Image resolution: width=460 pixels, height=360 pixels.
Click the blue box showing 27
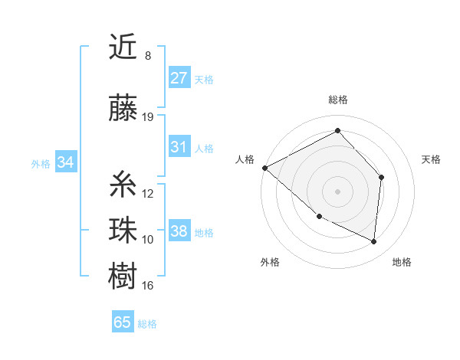pyautogui.click(x=179, y=78)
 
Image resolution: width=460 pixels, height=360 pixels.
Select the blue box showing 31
pyautogui.click(x=179, y=147)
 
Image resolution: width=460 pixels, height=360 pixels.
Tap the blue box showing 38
pyautogui.click(x=179, y=231)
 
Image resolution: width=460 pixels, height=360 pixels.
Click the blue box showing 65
pyautogui.click(x=123, y=322)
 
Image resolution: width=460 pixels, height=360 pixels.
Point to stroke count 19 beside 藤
pyautogui.click(x=148, y=116)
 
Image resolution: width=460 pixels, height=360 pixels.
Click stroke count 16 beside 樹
pyautogui.click(x=148, y=286)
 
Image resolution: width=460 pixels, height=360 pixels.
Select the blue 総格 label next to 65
pyautogui.click(x=147, y=324)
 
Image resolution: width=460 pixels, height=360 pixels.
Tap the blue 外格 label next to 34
pyautogui.click(x=41, y=163)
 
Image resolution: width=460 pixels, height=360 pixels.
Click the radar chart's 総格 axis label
pyautogui.click(x=337, y=100)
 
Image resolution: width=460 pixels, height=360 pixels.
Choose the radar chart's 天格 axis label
pyautogui.click(x=432, y=159)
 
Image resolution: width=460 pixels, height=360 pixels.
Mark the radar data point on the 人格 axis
pyautogui.click(x=264, y=168)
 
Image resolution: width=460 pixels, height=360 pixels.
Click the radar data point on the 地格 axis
pyautogui.click(x=373, y=241)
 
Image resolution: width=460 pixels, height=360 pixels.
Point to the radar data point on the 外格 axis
pyautogui.click(x=319, y=217)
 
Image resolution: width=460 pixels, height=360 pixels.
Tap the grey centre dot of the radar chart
pyautogui.click(x=337, y=191)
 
